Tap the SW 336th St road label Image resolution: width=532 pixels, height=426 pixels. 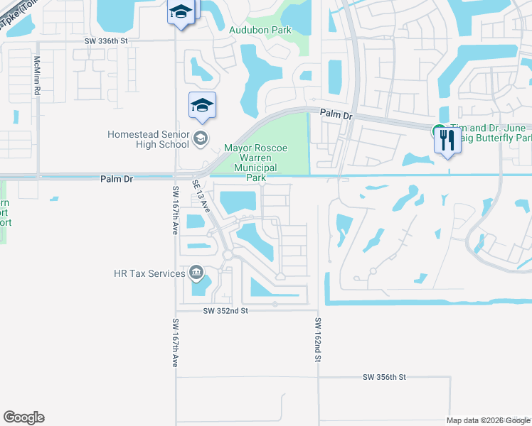tap(105, 41)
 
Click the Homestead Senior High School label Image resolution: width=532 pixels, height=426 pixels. tap(148, 139)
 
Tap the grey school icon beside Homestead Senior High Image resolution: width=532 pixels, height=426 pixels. tap(201, 138)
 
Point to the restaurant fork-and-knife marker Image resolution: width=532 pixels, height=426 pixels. tap(447, 140)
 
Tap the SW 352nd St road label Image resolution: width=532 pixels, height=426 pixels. tap(225, 310)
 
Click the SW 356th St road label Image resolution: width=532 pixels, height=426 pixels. tap(383, 377)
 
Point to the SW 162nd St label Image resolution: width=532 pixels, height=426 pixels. tap(317, 340)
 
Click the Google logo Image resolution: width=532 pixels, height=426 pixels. tap(23, 417)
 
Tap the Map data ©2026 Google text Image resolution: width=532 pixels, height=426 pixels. tap(487, 420)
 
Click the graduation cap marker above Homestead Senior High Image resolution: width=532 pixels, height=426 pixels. tap(202, 106)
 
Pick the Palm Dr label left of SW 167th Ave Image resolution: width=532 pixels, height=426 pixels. tap(117, 179)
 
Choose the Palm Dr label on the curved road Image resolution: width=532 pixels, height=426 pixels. tap(336, 113)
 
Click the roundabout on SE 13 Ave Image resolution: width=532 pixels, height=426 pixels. tap(228, 254)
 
